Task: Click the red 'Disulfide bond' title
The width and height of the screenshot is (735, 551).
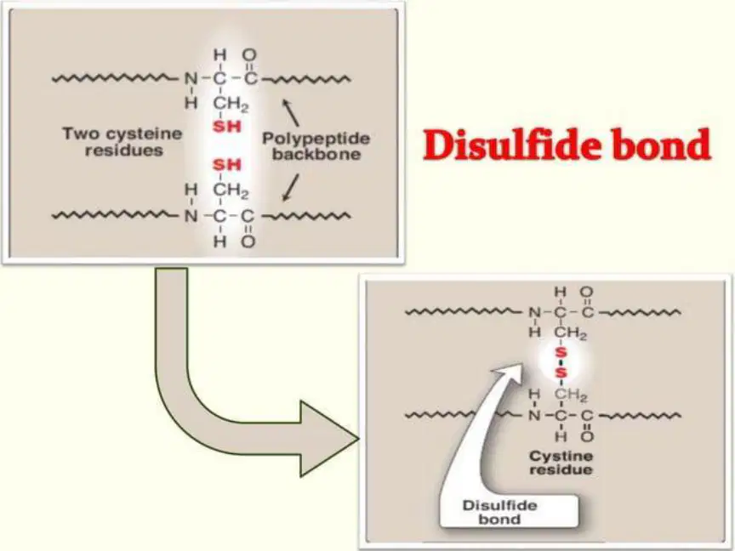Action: [567, 145]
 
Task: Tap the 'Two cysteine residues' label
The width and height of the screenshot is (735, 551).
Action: [122, 141]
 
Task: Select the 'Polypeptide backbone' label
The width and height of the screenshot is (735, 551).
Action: [316, 146]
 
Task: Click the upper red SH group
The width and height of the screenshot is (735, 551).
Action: [227, 127]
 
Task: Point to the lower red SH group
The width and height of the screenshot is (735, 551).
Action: [227, 165]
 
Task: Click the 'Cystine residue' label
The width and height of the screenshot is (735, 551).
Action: [561, 463]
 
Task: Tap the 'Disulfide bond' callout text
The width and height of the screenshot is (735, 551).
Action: [499, 512]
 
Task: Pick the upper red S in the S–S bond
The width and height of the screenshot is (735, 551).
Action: [561, 352]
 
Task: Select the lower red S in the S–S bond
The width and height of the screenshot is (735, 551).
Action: [561, 373]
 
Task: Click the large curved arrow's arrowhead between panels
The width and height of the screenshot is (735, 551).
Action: [328, 439]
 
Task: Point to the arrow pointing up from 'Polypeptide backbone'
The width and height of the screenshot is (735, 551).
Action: [290, 112]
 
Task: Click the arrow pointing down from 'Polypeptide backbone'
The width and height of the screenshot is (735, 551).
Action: [291, 188]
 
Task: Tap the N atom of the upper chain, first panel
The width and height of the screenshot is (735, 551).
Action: [191, 79]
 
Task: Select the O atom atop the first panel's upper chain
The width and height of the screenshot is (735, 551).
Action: [249, 55]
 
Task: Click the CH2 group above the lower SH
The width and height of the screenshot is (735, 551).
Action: [231, 190]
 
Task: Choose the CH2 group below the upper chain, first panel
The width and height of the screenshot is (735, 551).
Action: [231, 104]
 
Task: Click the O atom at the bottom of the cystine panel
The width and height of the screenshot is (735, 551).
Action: [587, 437]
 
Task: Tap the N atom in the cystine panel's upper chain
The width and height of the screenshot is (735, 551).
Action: [534, 312]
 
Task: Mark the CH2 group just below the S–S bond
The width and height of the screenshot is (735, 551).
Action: [571, 396]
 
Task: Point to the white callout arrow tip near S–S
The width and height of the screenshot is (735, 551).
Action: [521, 364]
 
